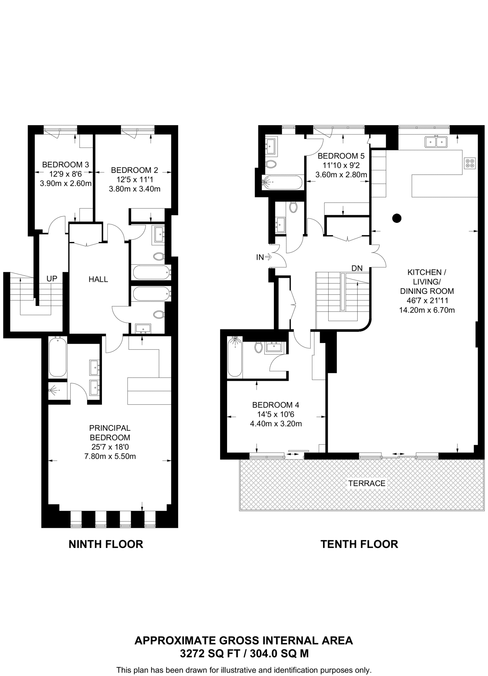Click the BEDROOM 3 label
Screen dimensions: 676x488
click(x=65, y=164)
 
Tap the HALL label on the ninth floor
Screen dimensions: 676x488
click(x=98, y=279)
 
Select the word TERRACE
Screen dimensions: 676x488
click(x=367, y=483)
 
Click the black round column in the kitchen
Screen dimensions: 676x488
click(x=397, y=218)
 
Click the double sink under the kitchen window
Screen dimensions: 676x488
click(x=436, y=142)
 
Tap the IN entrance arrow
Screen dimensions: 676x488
click(x=264, y=257)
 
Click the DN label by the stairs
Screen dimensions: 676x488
click(x=357, y=268)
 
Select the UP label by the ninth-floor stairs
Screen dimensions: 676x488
click(x=52, y=279)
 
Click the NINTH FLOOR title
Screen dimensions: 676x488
click(x=106, y=544)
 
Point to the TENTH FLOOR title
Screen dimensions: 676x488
click(x=359, y=544)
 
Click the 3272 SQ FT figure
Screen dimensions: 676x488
click(x=204, y=654)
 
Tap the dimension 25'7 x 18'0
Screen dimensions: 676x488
click(x=110, y=447)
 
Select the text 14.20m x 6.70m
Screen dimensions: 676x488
click(x=427, y=310)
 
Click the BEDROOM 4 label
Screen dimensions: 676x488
click(x=276, y=405)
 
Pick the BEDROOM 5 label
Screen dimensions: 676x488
click(x=341, y=156)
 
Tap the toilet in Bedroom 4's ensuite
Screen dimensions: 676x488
click(x=258, y=347)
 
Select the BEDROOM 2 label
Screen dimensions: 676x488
click(x=134, y=170)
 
